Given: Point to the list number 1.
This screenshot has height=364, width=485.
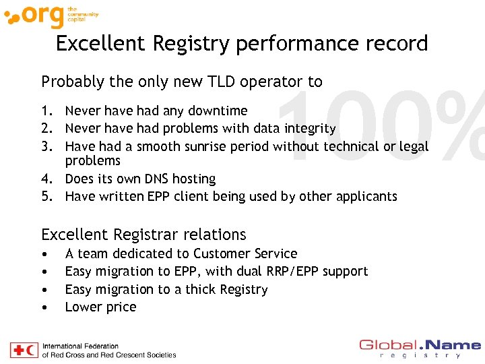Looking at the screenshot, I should (46, 111).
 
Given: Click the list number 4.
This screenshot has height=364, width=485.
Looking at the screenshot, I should (46, 179).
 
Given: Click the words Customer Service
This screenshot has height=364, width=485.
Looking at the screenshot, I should (245, 254).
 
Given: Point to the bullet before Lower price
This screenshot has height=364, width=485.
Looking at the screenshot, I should (44, 308).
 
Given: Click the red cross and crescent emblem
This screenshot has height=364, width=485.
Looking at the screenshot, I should (24, 351).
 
